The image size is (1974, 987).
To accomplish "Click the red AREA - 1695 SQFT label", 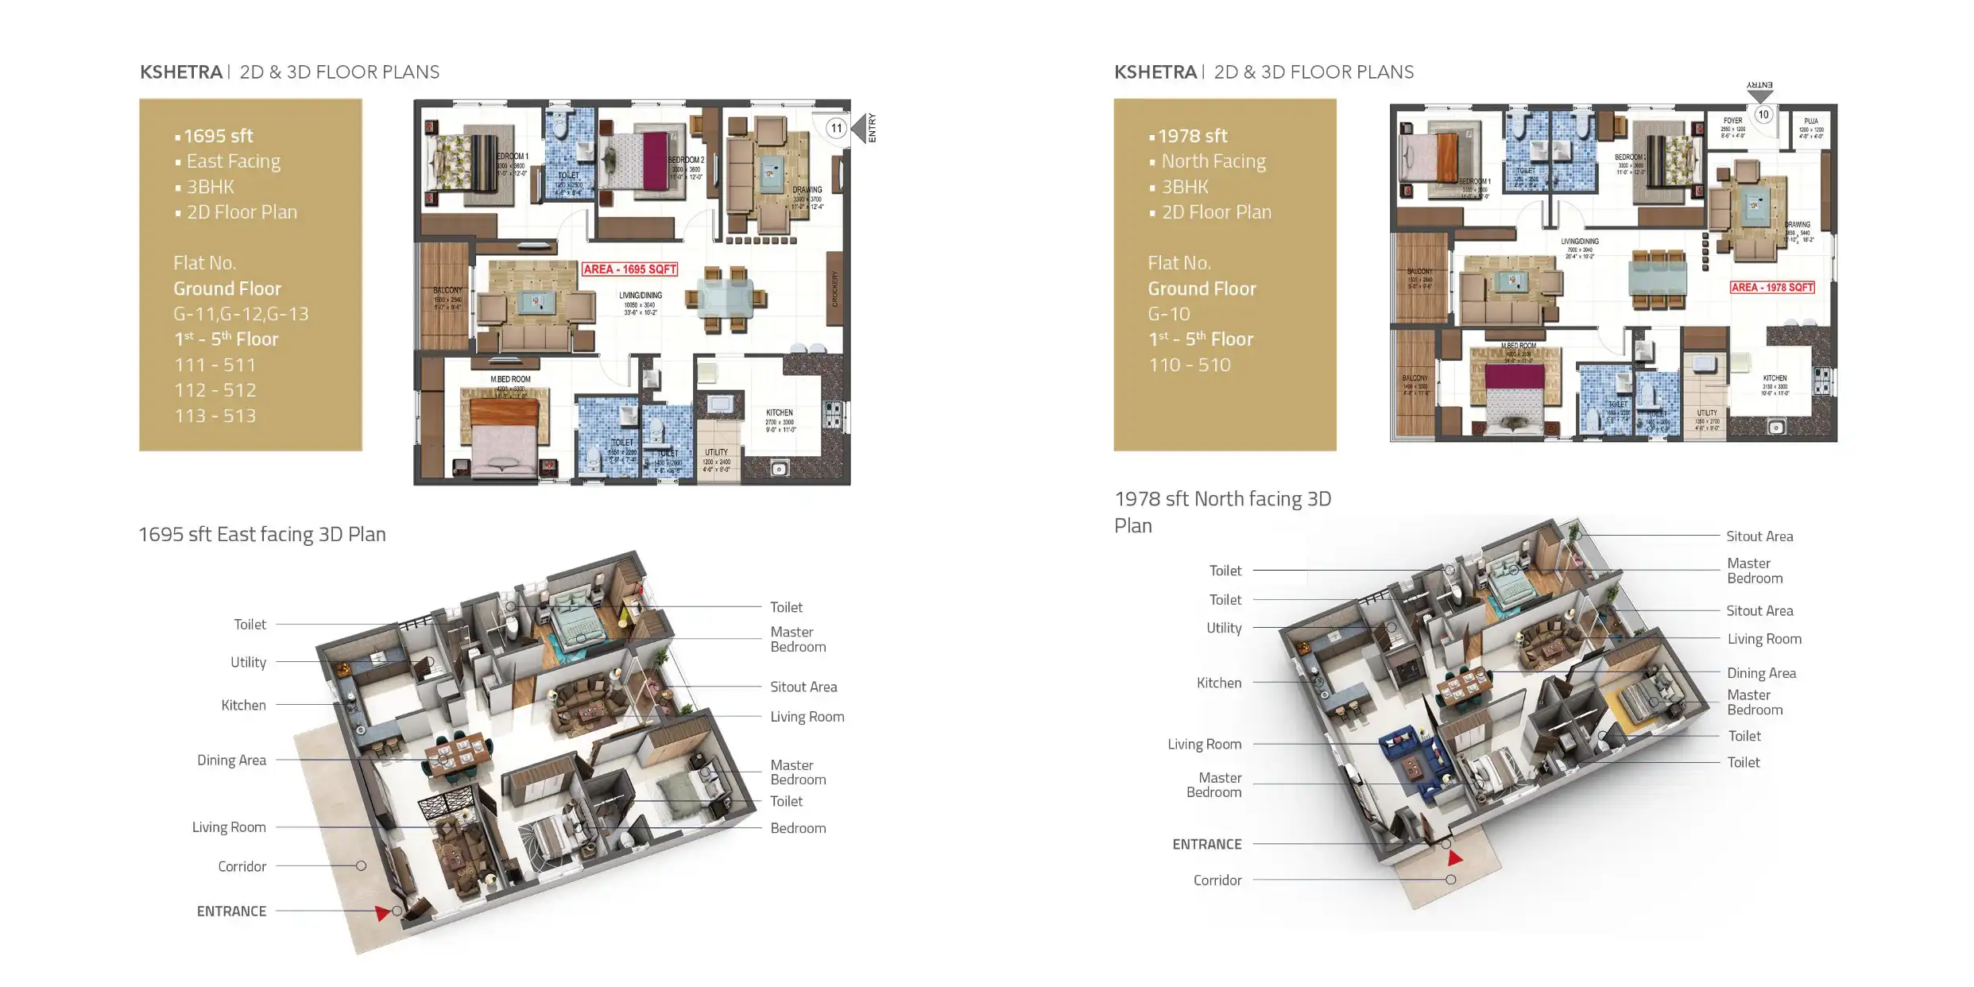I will click(x=629, y=269).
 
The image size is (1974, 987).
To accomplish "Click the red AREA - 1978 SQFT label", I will click(x=1772, y=287).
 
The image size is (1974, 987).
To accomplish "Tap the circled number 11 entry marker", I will click(x=836, y=128).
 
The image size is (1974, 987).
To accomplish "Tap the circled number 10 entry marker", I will click(x=1763, y=114).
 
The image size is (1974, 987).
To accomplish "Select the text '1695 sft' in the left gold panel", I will click(x=218, y=136).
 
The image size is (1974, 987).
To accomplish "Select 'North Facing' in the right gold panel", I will click(x=1213, y=161).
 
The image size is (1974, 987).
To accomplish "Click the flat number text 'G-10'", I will click(x=1168, y=314).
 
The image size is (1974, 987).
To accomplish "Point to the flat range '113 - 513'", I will click(x=215, y=416).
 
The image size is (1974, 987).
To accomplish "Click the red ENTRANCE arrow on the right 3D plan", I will click(x=1454, y=858).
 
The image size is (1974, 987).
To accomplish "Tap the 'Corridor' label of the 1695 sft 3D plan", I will click(x=242, y=866).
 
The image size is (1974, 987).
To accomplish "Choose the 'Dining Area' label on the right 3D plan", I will click(x=1761, y=673).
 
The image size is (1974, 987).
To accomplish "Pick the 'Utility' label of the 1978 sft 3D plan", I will click(x=1224, y=628).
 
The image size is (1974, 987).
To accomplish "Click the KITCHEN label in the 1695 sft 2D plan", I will click(x=779, y=413).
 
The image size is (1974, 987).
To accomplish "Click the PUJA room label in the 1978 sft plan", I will click(x=1811, y=122).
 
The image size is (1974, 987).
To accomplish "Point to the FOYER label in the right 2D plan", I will click(x=1732, y=122).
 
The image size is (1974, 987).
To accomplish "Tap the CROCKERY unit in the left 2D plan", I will click(x=834, y=288).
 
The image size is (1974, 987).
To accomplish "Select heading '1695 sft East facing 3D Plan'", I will click(x=262, y=534).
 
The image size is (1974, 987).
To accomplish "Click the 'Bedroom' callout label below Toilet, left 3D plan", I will click(x=798, y=828).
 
